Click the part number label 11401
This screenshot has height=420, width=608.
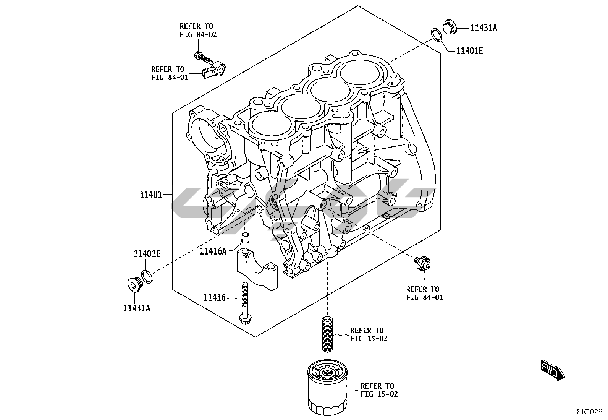click(x=151, y=195)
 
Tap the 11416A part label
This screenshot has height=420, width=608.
click(x=213, y=251)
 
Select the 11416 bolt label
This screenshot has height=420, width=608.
click(x=214, y=298)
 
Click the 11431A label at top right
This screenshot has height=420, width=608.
click(x=483, y=28)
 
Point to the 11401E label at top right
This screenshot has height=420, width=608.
click(x=470, y=51)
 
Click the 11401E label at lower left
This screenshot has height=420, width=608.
click(x=147, y=254)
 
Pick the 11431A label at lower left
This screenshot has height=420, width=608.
click(x=136, y=308)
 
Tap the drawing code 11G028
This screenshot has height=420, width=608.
click(x=589, y=412)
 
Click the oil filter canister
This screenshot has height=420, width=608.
click(x=327, y=388)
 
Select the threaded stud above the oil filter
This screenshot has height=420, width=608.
click(x=327, y=334)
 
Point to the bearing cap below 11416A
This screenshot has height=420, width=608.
click(x=257, y=269)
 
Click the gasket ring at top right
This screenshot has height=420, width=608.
click(x=437, y=35)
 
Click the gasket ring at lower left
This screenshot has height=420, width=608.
click(x=147, y=277)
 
